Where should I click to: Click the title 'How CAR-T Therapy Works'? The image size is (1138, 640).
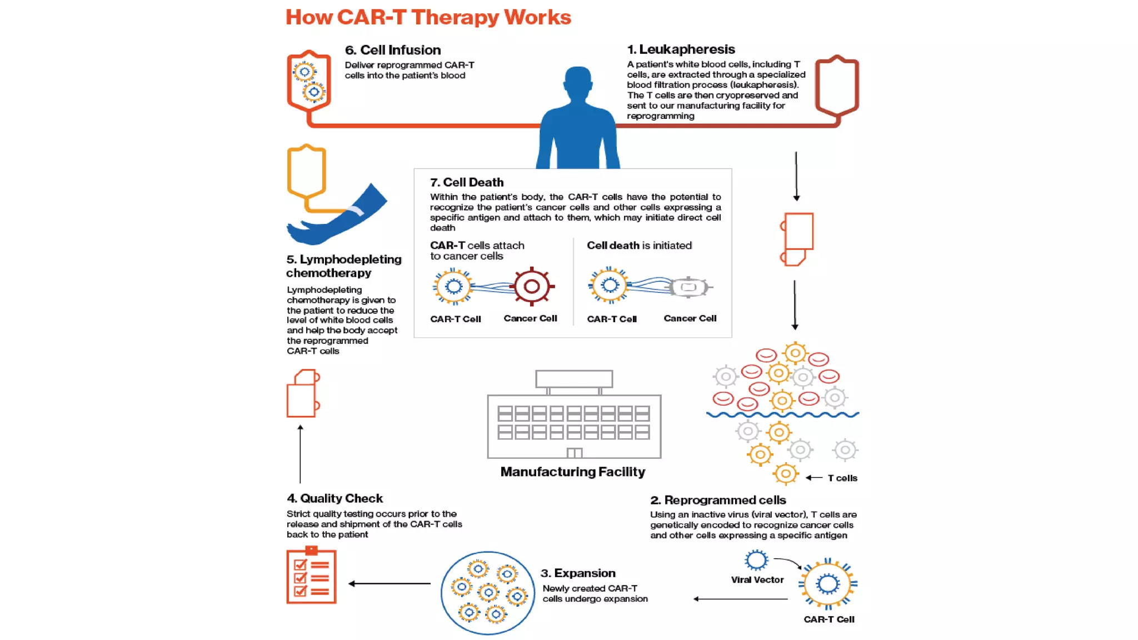point(428,17)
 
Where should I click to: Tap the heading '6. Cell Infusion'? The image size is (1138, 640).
point(392,50)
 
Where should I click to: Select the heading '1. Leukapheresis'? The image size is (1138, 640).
point(681,49)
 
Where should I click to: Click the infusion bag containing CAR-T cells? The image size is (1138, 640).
point(309,81)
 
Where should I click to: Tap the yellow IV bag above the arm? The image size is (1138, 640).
point(306,171)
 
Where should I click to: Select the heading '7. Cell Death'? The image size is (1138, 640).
point(467,182)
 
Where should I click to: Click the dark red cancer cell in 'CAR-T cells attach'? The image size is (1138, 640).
point(532,287)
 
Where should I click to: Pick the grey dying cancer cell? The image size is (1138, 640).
point(688,287)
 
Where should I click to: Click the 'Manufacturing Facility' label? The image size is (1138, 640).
point(572,472)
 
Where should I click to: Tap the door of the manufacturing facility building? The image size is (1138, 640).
point(574,453)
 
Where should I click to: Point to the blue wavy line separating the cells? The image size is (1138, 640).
point(782,414)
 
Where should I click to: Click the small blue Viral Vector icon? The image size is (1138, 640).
point(756,560)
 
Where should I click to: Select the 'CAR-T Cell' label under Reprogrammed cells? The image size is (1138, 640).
point(828,619)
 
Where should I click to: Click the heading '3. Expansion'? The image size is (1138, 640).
point(578,573)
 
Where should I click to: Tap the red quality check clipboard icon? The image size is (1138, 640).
point(311,576)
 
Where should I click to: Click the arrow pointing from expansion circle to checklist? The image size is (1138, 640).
point(389,583)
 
